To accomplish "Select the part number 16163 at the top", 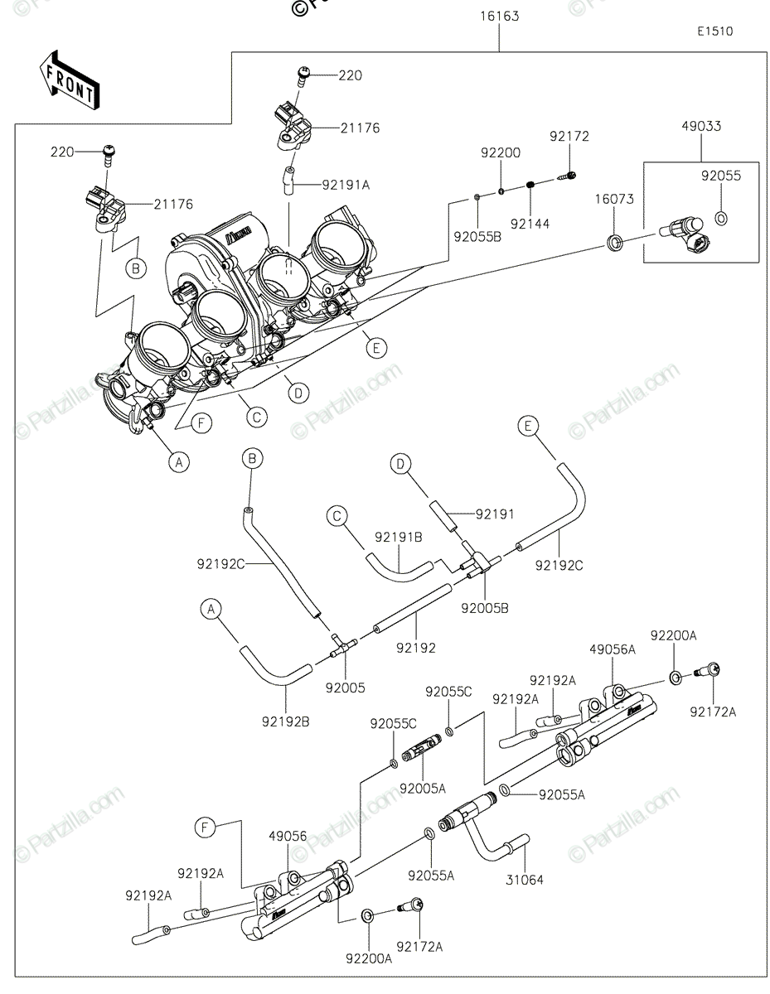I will tap(499, 16).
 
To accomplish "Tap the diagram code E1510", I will tap(714, 31).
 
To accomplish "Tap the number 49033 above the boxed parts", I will tap(701, 127).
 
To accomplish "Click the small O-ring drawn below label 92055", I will tap(720, 219).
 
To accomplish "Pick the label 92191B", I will tap(398, 537).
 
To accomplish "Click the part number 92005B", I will tap(486, 608).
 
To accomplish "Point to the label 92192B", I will tap(288, 721).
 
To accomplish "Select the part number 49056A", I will tap(613, 649).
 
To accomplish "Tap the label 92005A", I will tap(423, 788).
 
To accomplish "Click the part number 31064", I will tap(525, 880).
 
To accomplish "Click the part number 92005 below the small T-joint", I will tap(345, 687).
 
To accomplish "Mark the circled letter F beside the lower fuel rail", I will tap(206, 826).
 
